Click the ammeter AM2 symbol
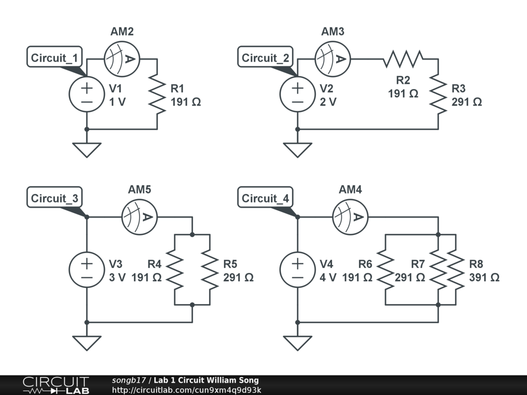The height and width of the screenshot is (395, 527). coord(122,59)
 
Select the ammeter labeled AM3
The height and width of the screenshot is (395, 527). coord(332,59)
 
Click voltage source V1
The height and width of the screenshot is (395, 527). coord(87,94)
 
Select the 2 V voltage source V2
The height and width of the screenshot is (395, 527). coord(297,94)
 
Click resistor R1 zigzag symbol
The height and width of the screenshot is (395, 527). coord(157,94)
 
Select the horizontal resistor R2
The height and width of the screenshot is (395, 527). coord(402,59)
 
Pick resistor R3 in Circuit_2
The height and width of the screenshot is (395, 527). coord(438,94)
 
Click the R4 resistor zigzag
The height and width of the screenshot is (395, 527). coord(175,270)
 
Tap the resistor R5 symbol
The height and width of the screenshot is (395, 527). coord(210,270)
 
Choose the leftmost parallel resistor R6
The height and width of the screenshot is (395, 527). coord(385,270)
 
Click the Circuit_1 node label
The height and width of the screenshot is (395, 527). coord(55,58)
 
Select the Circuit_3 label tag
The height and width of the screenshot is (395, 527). coord(55,198)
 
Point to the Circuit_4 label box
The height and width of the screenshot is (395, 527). coord(266,198)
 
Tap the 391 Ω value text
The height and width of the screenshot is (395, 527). coord(484,277)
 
